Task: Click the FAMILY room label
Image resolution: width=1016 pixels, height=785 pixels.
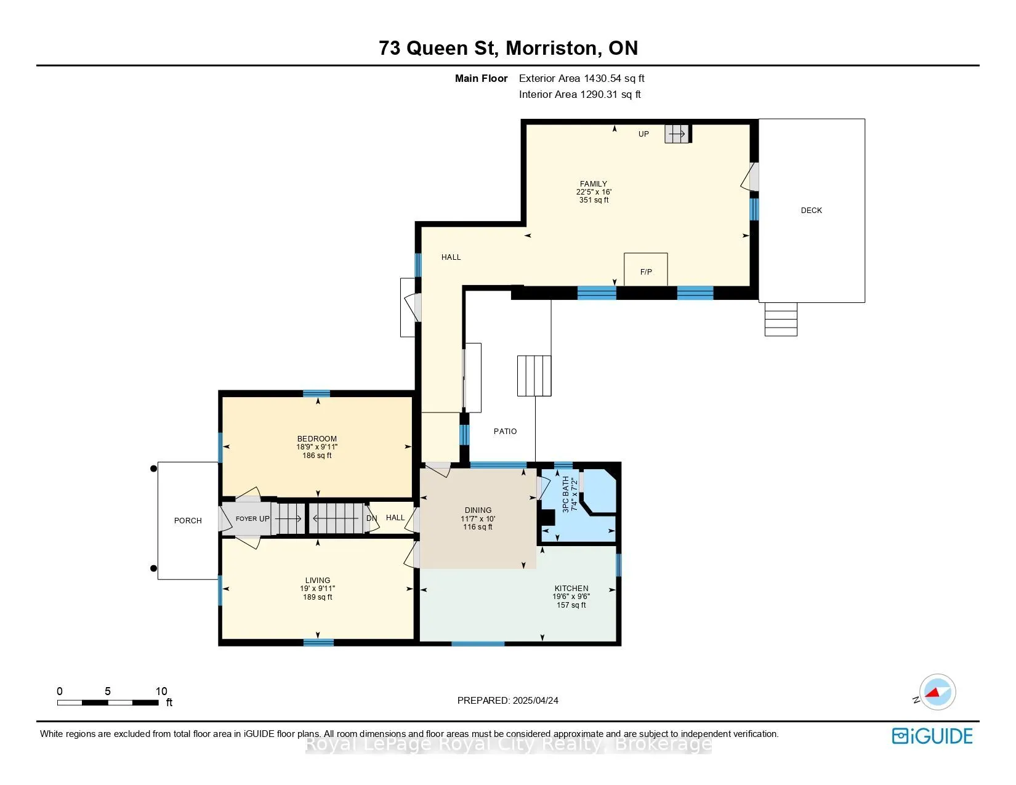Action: coord(594,183)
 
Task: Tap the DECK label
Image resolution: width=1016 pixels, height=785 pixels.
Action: coord(811,211)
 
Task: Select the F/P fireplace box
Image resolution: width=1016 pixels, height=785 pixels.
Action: coord(646,269)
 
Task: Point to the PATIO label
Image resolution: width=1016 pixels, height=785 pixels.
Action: coord(505,431)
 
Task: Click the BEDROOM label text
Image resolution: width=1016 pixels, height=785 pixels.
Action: coord(317,438)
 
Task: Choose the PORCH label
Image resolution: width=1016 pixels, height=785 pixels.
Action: coord(188,520)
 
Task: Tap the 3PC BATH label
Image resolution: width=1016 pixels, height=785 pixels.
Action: coord(566,494)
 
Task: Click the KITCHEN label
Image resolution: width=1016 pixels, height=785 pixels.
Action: coord(571,588)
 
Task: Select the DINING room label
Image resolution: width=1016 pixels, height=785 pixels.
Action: coord(478,510)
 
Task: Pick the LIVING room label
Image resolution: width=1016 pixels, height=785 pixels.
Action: coord(318,580)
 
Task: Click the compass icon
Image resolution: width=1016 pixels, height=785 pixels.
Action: coord(937,692)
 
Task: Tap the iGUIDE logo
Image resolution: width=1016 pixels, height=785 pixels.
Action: coord(932,736)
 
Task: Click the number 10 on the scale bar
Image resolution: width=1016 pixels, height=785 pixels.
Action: coord(161,691)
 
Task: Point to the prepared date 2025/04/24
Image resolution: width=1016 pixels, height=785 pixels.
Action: coord(535,701)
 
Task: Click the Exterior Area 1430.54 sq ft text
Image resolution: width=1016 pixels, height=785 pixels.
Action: coord(582,79)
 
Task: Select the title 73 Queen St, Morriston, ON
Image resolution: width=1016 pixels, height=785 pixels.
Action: coord(508,48)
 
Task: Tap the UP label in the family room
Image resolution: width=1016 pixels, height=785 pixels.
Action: coord(643,134)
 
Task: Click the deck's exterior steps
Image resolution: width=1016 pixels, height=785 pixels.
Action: coord(781,320)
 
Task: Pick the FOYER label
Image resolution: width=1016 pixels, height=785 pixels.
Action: coord(246,518)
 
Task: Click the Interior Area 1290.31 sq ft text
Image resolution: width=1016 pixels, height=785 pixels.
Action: coord(580,94)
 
